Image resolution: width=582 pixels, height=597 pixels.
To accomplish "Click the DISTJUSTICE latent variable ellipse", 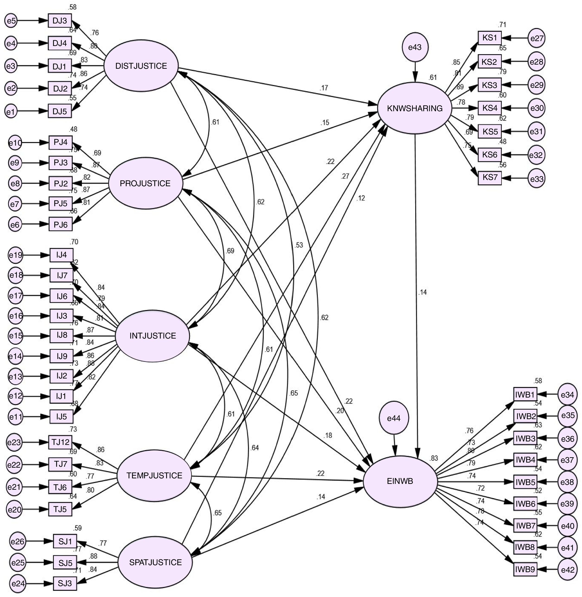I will (x=141, y=66).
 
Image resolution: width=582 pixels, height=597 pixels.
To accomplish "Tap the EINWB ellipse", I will (x=400, y=481).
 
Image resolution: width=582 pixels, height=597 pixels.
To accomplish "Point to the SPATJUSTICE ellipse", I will (x=155, y=562).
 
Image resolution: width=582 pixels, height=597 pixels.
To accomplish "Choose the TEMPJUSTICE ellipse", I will (x=154, y=475).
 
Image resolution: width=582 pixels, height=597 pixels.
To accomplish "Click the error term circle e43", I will (x=415, y=47).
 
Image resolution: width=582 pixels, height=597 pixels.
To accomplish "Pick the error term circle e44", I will (x=394, y=418).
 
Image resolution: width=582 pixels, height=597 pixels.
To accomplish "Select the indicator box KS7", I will (x=490, y=178).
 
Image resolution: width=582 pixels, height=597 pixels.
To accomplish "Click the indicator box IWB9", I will (x=525, y=569).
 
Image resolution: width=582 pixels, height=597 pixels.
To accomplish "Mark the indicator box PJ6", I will (x=61, y=225).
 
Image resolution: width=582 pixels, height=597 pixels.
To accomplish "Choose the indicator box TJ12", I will (x=60, y=442).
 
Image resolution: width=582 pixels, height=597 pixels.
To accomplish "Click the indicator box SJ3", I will (x=65, y=584).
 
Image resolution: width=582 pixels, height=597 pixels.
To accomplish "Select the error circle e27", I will (x=537, y=38).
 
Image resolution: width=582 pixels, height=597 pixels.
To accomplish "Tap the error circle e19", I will (x=15, y=255).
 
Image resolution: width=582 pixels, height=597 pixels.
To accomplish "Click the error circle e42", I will (x=567, y=569).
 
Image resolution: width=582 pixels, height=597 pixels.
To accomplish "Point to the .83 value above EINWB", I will (x=434, y=458).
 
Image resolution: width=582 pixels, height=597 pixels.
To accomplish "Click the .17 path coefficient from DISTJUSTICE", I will (x=324, y=88).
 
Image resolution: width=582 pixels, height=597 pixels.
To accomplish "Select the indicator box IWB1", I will (x=525, y=395).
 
